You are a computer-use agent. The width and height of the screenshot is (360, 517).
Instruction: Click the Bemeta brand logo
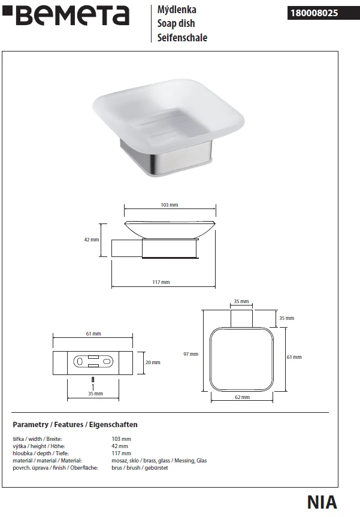click(x=66, y=16)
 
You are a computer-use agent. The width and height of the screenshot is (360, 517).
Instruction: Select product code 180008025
click(x=314, y=13)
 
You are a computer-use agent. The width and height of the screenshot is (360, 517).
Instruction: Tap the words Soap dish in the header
click(x=176, y=23)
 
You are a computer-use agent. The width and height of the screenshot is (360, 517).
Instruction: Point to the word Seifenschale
click(x=182, y=38)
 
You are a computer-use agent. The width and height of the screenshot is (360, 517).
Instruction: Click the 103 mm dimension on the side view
click(x=170, y=205)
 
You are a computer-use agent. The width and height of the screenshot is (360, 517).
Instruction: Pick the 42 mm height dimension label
click(x=91, y=240)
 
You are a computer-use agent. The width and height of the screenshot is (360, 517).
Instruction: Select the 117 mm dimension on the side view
click(x=161, y=282)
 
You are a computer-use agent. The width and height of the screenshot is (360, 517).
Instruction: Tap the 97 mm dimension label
click(x=191, y=354)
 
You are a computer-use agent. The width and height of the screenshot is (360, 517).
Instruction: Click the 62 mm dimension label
click(x=243, y=397)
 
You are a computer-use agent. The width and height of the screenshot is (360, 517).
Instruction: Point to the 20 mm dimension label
click(x=153, y=362)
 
